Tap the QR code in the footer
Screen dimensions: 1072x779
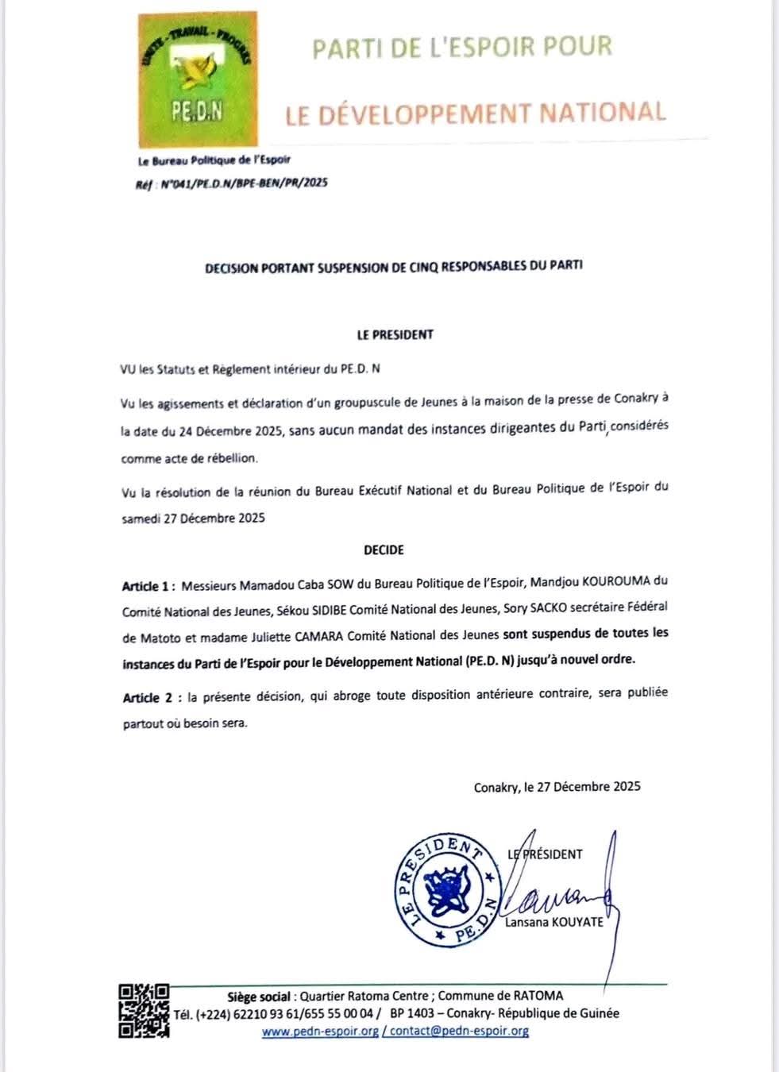[144, 1010]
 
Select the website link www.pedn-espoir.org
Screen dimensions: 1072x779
[320, 1032]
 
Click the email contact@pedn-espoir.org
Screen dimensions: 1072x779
[459, 1032]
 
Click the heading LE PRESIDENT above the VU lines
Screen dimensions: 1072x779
[395, 334]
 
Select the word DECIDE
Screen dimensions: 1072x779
[384, 549]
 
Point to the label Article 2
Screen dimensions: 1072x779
[148, 698]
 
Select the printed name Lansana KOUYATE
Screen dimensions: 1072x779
[554, 922]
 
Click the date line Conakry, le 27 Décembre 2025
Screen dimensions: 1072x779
[557, 787]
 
